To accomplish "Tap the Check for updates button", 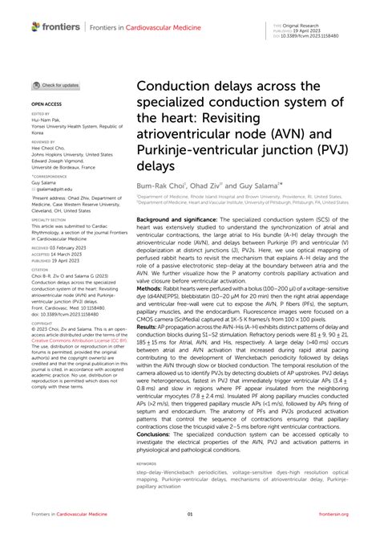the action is [56, 85].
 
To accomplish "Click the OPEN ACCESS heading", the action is [47, 104].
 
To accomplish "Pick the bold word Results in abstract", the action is [148, 350].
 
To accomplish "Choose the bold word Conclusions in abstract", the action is [158, 434].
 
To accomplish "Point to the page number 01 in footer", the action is [190, 515].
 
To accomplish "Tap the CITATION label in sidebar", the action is [42, 245].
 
